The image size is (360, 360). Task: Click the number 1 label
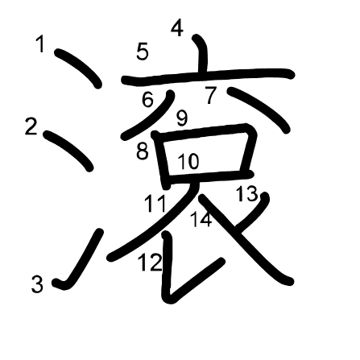pyautogui.click(x=40, y=44)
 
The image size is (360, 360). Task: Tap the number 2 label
pyautogui.click(x=31, y=126)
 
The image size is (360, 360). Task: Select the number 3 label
pyautogui.click(x=37, y=284)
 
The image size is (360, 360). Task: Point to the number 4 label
pyautogui.click(x=177, y=28)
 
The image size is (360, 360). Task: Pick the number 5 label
pyautogui.click(x=143, y=52)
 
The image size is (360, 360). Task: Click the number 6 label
pyautogui.click(x=148, y=99)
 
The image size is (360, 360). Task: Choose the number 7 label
pyautogui.click(x=211, y=95)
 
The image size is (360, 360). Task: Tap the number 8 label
pyautogui.click(x=143, y=151)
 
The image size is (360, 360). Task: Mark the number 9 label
pyautogui.click(x=182, y=118)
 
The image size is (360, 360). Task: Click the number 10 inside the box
pyautogui.click(x=188, y=161)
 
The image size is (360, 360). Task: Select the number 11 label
pyautogui.click(x=155, y=203)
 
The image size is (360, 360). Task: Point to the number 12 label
pyautogui.click(x=151, y=263)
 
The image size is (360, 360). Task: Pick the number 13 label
pyautogui.click(x=246, y=193)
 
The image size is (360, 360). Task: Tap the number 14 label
pyautogui.click(x=201, y=219)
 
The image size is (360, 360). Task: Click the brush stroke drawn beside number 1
pyautogui.click(x=78, y=68)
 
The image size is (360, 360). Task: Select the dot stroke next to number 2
pyautogui.click(x=68, y=150)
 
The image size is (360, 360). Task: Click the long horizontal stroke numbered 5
pyautogui.click(x=208, y=75)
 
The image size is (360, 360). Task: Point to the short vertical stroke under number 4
pyautogui.click(x=202, y=53)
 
